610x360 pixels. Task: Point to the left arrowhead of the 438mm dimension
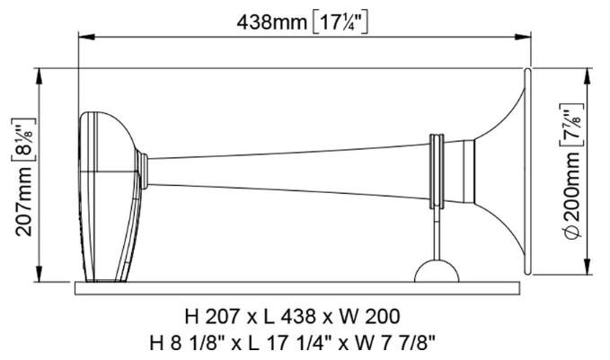(84, 38)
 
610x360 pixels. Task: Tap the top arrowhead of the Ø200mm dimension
(588, 75)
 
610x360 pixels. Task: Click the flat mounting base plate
(296, 287)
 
